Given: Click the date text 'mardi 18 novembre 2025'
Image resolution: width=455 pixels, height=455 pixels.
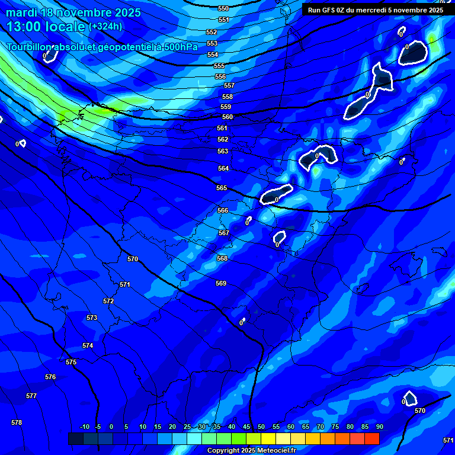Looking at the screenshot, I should click(x=73, y=12).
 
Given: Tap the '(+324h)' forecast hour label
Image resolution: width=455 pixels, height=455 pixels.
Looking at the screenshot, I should click(x=105, y=26).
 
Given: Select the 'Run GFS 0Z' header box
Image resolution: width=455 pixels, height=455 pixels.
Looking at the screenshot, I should click(x=376, y=9).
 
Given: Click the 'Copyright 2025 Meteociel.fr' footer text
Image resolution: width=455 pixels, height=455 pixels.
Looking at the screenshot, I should click(x=251, y=451).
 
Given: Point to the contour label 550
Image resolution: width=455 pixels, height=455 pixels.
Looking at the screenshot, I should click(x=223, y=9).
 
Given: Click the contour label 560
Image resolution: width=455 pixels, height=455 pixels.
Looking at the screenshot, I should click(x=227, y=117).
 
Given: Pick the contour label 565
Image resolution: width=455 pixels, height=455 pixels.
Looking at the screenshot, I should click(x=222, y=188).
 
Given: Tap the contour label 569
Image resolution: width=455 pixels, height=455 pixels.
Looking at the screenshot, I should click(x=221, y=284).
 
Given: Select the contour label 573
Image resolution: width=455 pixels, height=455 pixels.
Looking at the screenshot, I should click(x=92, y=318).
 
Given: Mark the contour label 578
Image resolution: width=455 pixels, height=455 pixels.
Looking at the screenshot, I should click(x=17, y=422).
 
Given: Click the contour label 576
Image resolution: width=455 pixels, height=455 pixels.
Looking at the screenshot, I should click(x=50, y=377).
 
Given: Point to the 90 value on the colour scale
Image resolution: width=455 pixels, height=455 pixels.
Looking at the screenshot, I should click(x=379, y=427).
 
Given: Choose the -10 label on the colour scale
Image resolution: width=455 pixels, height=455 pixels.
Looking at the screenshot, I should click(x=85, y=427).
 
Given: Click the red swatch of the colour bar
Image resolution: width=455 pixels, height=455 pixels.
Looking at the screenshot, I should click(x=372, y=438).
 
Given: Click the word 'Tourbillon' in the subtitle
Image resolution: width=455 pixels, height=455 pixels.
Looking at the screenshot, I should click(x=30, y=47).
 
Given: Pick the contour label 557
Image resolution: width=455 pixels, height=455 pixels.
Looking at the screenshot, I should click(x=229, y=86).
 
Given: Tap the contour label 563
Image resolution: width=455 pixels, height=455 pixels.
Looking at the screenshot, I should click(x=223, y=152).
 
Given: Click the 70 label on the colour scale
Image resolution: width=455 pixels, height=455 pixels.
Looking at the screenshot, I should click(x=320, y=427).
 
